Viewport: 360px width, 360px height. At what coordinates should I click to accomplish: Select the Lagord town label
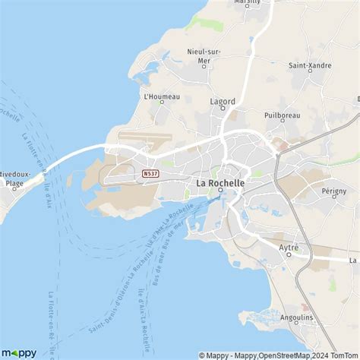(x=223, y=99)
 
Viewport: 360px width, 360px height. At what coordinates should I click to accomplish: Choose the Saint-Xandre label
(x=310, y=65)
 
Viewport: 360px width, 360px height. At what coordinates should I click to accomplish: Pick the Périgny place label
(x=334, y=191)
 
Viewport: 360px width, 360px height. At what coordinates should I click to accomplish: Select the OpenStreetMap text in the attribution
(x=282, y=355)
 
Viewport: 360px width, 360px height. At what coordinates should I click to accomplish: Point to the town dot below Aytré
(x=289, y=256)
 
